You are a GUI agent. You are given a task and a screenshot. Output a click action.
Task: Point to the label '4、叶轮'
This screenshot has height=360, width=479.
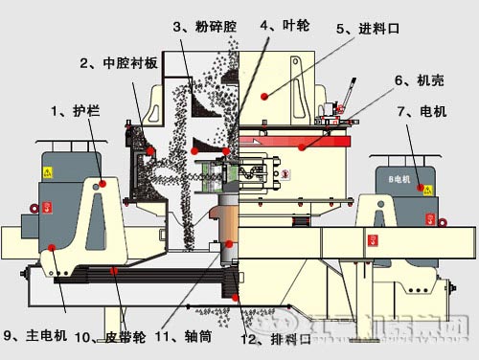pyautogui.click(x=282, y=25)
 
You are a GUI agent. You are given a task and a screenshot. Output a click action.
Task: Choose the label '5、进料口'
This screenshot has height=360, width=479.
pyautogui.click(x=367, y=30)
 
